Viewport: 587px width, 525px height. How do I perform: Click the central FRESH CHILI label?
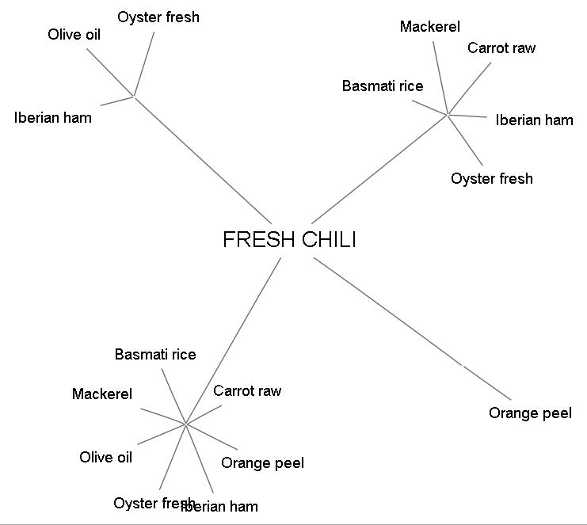pos(289,240)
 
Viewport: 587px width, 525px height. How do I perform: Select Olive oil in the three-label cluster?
pos(74,34)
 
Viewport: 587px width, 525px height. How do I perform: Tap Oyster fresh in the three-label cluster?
pos(158,17)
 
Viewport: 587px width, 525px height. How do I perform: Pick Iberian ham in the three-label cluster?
pos(53,118)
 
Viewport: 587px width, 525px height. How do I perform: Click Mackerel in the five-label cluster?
pos(429,27)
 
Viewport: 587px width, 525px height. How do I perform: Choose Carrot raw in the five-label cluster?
pos(501,48)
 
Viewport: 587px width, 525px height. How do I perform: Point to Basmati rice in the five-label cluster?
pos(383,86)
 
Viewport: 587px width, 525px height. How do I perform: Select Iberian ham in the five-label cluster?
pos(534,120)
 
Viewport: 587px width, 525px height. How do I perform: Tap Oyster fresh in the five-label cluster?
pos(492,178)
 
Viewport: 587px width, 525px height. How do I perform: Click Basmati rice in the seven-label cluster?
pos(155,354)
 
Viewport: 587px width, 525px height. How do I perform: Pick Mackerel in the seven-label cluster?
pos(102,394)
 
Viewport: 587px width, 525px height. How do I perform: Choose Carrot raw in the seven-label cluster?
pos(247,390)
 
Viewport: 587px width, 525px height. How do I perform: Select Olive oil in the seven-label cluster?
pos(106,457)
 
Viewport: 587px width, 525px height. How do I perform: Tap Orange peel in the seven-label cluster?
pos(262,462)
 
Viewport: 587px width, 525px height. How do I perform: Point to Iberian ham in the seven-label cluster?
pos(222,506)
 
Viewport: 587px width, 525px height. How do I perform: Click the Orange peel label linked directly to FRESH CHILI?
pos(530,413)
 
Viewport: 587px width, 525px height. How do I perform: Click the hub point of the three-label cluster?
pos(135,97)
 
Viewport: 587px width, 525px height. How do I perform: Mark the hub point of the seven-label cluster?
pos(185,424)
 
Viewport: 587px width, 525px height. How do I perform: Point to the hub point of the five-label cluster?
pos(448,115)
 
